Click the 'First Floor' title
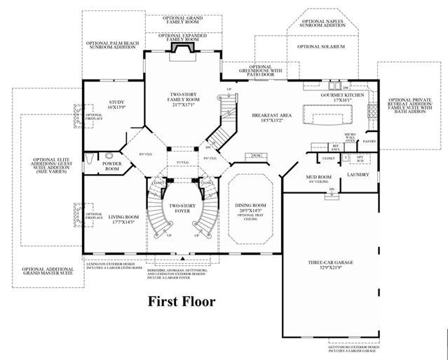click(x=180, y=302)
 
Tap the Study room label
click(x=116, y=106)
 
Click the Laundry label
click(x=358, y=175)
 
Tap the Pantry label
click(x=369, y=140)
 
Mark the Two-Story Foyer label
click(x=180, y=210)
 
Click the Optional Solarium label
click(x=321, y=47)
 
